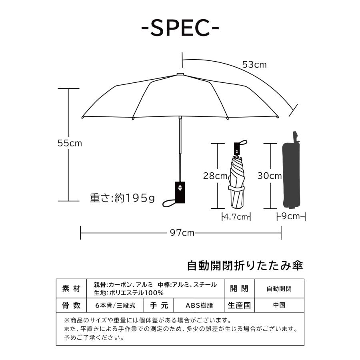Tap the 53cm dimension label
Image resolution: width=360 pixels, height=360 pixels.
point(254,64)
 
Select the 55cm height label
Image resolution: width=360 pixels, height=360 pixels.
point(70,143)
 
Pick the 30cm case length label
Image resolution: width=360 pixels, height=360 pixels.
point(269,176)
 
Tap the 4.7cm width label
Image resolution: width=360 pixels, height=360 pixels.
point(236,217)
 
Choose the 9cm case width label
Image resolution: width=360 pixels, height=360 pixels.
point(291,216)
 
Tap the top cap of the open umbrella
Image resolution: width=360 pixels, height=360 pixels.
point(180,74)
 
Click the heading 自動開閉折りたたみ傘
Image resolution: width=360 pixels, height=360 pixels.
point(246,265)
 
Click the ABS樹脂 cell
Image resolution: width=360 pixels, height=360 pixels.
point(199,305)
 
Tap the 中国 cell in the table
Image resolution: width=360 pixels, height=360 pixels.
point(279,305)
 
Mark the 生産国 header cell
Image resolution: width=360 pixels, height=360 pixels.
point(239,305)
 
